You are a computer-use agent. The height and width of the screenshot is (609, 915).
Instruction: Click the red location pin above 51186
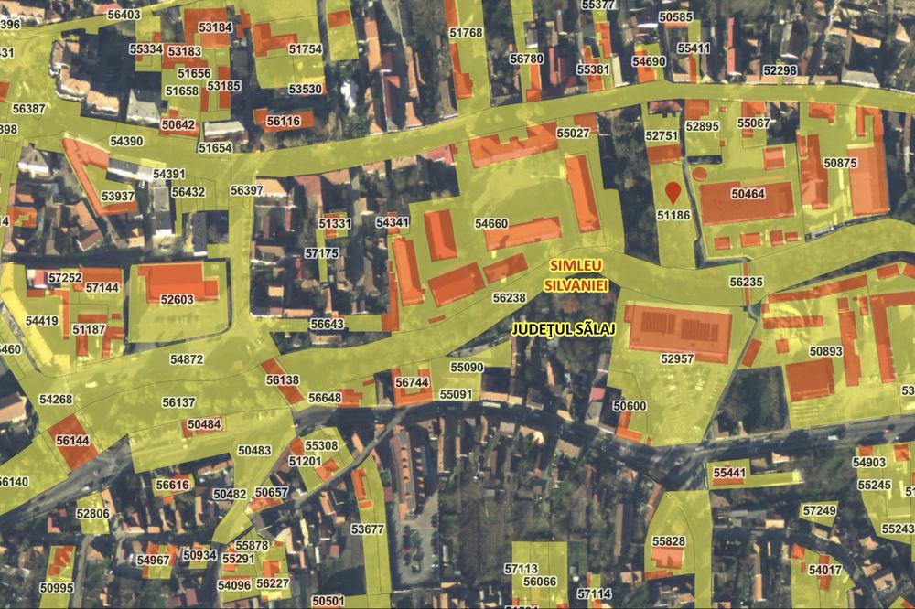click(x=673, y=192)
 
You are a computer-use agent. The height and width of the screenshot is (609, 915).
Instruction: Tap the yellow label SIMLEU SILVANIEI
click(x=576, y=275)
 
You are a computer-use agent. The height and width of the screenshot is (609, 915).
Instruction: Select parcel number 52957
click(x=677, y=359)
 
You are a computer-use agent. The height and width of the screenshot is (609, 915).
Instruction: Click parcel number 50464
click(x=748, y=194)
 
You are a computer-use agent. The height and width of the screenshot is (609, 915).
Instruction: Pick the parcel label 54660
click(x=491, y=223)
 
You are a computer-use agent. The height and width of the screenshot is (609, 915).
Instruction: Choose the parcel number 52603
click(x=177, y=299)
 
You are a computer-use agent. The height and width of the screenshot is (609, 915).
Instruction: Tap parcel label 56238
click(x=509, y=297)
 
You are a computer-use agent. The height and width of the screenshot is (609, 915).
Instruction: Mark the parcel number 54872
click(x=186, y=359)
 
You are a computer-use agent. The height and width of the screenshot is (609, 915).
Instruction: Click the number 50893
click(x=825, y=351)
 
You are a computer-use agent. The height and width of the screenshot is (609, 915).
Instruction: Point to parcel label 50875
click(x=840, y=163)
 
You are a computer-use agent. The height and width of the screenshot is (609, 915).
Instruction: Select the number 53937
click(x=118, y=196)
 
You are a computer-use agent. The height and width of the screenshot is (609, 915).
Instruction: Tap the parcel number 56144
click(x=72, y=440)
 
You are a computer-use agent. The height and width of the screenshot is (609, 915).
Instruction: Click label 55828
click(x=668, y=541)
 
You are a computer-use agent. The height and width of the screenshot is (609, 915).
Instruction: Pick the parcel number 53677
click(x=367, y=529)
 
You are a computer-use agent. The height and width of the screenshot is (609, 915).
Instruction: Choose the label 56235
click(x=746, y=283)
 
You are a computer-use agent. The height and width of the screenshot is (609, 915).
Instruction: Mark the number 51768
click(x=466, y=33)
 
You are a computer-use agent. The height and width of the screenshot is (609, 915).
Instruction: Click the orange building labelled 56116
click(x=284, y=121)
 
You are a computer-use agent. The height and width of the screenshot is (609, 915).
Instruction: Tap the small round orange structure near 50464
click(x=700, y=173)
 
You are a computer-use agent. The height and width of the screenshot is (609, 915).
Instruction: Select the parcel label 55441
click(x=729, y=473)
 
